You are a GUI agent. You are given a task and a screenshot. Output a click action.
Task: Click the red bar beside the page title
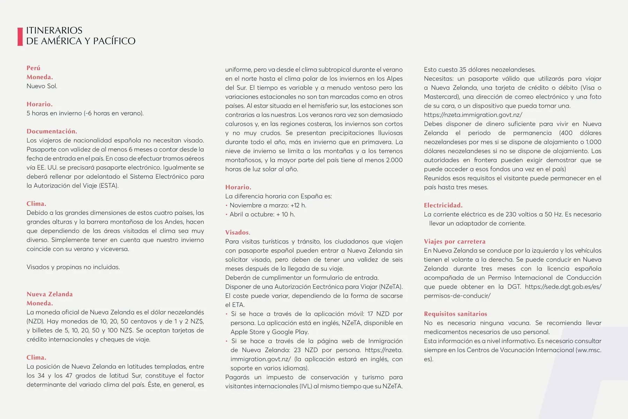[20, 36]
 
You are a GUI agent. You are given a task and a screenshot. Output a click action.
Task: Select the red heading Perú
[33, 68]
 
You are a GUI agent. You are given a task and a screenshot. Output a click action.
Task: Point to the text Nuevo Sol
[42, 86]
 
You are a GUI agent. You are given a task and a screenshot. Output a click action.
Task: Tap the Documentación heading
[52, 132]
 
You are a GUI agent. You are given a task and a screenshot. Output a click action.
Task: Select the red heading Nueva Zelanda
[50, 294]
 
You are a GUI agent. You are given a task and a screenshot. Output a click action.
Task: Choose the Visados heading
[237, 233]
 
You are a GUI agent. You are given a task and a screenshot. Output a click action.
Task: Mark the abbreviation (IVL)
[311, 387]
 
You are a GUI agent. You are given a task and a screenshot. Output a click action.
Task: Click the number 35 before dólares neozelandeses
[463, 70]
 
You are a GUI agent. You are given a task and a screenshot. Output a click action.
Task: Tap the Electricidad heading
[443, 205]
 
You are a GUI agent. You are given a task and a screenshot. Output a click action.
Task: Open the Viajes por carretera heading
[455, 242]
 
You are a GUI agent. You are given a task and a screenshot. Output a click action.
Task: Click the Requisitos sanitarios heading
[455, 314]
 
